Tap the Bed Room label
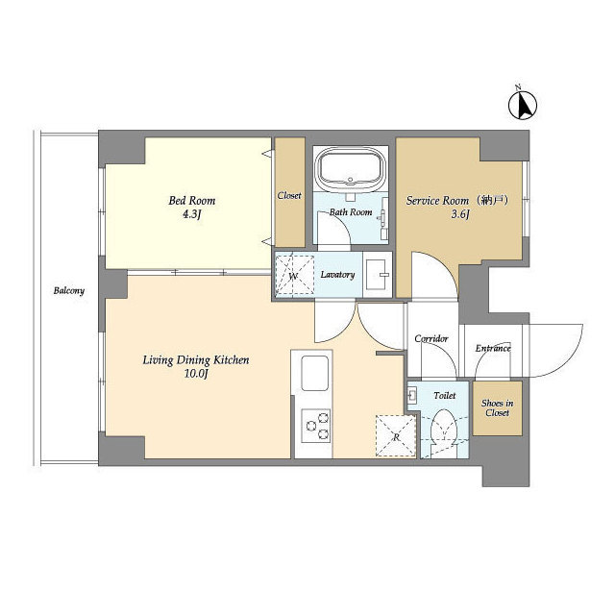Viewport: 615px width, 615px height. pos(192,201)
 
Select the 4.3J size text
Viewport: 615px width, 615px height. pos(192,215)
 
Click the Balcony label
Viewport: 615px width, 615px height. pos(68,290)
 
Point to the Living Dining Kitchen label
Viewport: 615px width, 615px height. pos(196,360)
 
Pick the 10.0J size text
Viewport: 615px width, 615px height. pos(196,375)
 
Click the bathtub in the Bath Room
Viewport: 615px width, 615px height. pos(351,170)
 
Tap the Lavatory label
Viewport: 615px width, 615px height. pos(338,275)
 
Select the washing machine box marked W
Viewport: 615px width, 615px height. pos(294,275)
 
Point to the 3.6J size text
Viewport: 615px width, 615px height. pos(460,215)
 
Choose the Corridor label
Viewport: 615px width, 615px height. pos(431,338)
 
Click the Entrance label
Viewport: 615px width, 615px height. pos(493,348)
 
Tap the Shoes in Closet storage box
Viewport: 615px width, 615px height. pos(497,407)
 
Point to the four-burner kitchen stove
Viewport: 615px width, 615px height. pos(315,424)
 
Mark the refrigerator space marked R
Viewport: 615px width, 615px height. pos(395,434)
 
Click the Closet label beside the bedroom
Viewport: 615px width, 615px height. pos(289,195)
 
